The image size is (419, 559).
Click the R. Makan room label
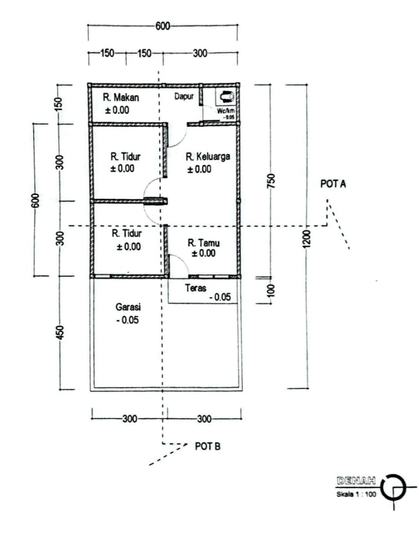coord(121,97)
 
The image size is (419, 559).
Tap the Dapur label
coord(184,97)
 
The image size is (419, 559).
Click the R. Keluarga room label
coord(207,156)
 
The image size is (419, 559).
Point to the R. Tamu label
coord(203,243)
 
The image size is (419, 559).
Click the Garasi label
coord(128,307)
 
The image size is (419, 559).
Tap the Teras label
coord(195,288)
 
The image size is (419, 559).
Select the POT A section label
coord(333,184)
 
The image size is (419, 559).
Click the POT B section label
coord(207,446)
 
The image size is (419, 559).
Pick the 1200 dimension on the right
coord(307,238)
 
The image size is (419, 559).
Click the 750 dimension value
coord(271,181)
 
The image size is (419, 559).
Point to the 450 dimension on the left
coord(60,332)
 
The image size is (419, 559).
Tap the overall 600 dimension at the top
coord(162,26)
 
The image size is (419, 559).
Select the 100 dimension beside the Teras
coord(271,290)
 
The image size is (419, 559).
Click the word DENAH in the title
coord(356,481)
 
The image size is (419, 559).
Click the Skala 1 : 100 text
coord(356,494)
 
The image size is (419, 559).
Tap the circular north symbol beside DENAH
coord(393,488)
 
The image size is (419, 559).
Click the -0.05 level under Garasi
coord(127,320)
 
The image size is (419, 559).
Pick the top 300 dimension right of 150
coord(200,53)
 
